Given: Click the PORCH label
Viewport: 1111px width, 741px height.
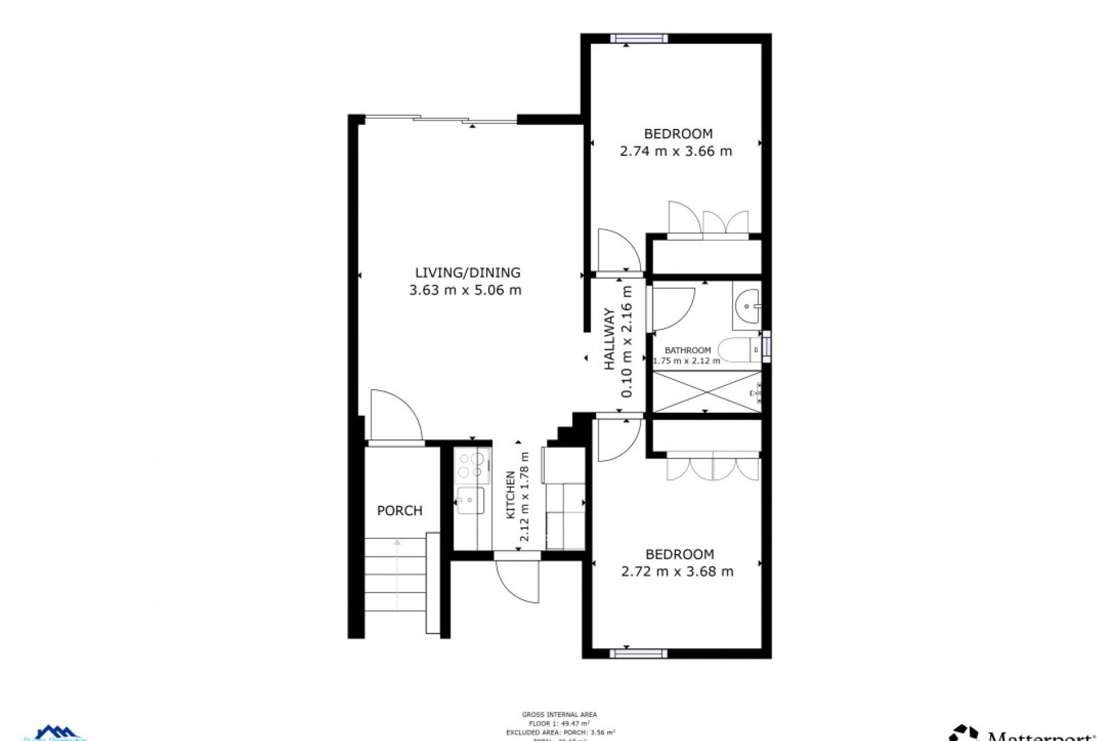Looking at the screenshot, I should click(399, 511).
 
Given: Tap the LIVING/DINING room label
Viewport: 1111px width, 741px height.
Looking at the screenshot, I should click(468, 272).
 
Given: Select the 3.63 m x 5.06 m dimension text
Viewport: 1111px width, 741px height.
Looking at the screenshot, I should click(465, 290).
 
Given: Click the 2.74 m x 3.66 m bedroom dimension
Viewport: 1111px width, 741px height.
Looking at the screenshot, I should click(675, 152).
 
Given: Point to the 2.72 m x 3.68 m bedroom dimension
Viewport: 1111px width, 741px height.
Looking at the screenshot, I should click(677, 572).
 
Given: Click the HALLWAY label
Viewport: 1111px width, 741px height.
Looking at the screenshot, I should click(610, 340).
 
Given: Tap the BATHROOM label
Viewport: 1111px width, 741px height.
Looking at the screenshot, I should click(687, 350).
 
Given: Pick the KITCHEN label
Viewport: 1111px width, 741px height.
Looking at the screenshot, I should click(511, 494).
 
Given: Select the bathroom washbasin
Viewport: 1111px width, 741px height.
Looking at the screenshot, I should click(748, 306).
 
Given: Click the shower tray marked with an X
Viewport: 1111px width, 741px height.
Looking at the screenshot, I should click(707, 392).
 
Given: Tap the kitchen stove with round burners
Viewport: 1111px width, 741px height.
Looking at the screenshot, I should click(472, 465).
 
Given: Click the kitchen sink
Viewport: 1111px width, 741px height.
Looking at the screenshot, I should click(470, 500).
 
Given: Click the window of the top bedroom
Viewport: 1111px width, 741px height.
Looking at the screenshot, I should click(639, 39).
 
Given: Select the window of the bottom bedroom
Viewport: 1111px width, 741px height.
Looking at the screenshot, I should click(638, 654).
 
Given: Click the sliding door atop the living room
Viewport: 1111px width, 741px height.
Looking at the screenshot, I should click(441, 120).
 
